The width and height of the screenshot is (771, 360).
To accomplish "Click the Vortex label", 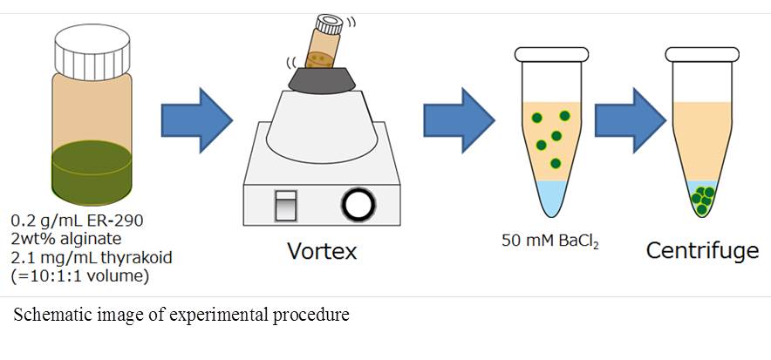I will [322, 252].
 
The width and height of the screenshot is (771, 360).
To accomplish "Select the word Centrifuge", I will [701, 252].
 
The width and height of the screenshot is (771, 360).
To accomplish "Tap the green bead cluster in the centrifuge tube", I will [702, 200].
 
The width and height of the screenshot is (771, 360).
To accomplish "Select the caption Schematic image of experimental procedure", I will [181, 316].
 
